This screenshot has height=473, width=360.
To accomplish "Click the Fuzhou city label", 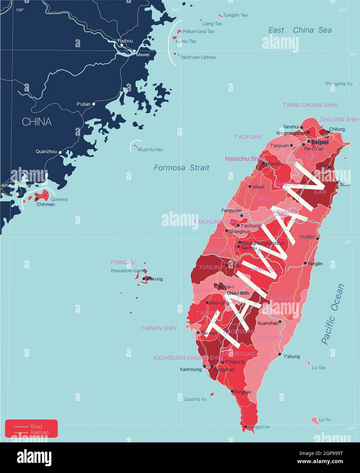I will pyautogui.click(x=125, y=41).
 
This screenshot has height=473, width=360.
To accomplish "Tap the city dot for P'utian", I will pyautogui.click(x=94, y=103).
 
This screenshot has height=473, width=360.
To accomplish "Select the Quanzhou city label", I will pyautogui.click(x=46, y=152).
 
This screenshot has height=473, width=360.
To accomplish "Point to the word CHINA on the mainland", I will pyautogui.click(x=37, y=122).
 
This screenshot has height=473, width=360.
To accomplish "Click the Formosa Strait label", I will pyautogui.click(x=182, y=167).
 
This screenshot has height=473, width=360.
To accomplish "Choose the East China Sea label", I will pyautogui.click(x=300, y=30).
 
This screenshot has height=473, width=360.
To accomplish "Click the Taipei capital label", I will pyautogui.click(x=320, y=142).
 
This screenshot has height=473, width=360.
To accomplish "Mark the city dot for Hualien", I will pyautogui.click(x=318, y=239).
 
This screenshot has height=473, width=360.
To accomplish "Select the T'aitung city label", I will pyautogui.click(x=292, y=357).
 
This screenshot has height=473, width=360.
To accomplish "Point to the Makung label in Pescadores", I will pyautogui.click(x=155, y=279).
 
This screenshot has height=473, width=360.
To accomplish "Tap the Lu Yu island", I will pyautogui.click(x=314, y=421).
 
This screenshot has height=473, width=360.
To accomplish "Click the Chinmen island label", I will pyautogui.click(x=46, y=205).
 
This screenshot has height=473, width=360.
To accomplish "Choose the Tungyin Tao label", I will pyautogui.click(x=235, y=15).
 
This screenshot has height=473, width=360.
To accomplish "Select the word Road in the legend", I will pyautogui.click(x=36, y=427).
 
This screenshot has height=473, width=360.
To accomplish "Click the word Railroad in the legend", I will pyautogui.click(x=39, y=433).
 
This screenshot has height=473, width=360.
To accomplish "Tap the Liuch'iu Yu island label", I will pyautogui.click(x=195, y=399).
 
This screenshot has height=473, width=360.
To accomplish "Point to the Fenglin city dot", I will pyautogui.click(x=305, y=263).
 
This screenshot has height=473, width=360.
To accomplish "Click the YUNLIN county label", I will pyautogui.click(x=209, y=267).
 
